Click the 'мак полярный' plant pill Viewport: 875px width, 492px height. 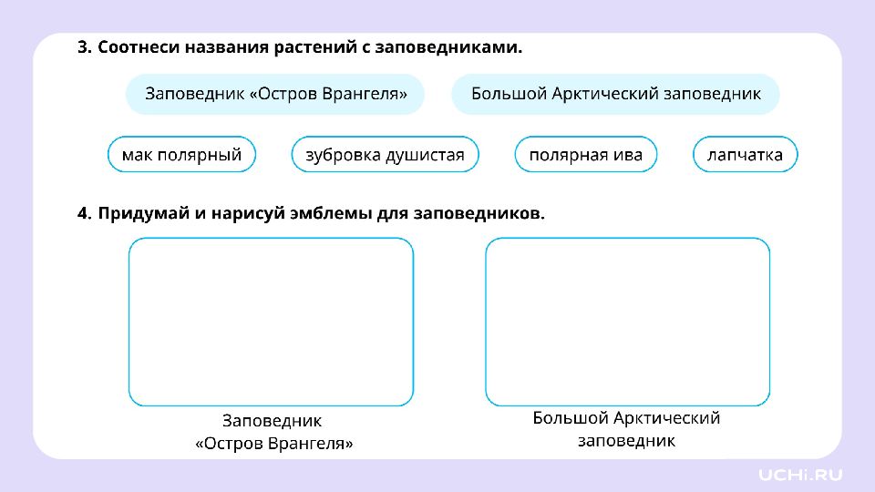tap(182, 155)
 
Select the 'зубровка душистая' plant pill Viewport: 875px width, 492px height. tap(385, 155)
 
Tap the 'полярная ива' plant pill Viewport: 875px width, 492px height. tap(586, 155)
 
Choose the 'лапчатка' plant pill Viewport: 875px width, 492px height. tap(745, 155)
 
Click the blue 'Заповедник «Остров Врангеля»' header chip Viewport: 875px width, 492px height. tap(275, 94)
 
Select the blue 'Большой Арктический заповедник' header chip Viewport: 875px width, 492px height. tap(615, 94)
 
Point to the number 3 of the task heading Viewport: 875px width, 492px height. tap(83, 47)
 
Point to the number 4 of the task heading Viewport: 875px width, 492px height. tap(83, 213)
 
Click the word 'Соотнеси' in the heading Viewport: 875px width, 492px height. tap(139, 47)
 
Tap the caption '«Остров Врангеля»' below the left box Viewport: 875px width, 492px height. tap(274, 444)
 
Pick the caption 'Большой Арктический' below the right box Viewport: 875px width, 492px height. tap(626, 418)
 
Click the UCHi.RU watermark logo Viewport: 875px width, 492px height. tap(800, 475)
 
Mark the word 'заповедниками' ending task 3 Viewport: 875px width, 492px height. tap(448, 47)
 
